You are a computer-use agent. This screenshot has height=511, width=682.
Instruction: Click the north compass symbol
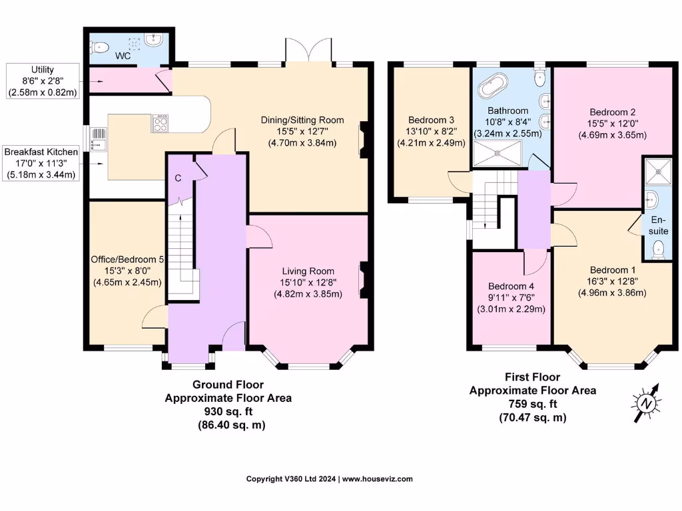[x=645, y=403]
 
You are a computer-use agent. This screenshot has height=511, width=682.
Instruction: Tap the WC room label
[x=123, y=56]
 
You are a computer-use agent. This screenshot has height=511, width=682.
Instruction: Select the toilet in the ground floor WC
[x=101, y=47]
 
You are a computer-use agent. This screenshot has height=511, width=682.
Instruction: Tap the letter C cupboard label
[x=178, y=178]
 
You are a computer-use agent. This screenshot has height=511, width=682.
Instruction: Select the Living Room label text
[x=308, y=271]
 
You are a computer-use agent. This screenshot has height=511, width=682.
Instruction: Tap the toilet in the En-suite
[x=659, y=249]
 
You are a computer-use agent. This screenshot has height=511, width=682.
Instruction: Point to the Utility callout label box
[x=42, y=81]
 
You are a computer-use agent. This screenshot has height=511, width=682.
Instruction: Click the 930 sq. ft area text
[x=228, y=411]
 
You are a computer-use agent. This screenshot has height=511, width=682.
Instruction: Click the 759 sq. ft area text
[x=532, y=404]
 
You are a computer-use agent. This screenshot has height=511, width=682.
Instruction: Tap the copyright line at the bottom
[x=329, y=479]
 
